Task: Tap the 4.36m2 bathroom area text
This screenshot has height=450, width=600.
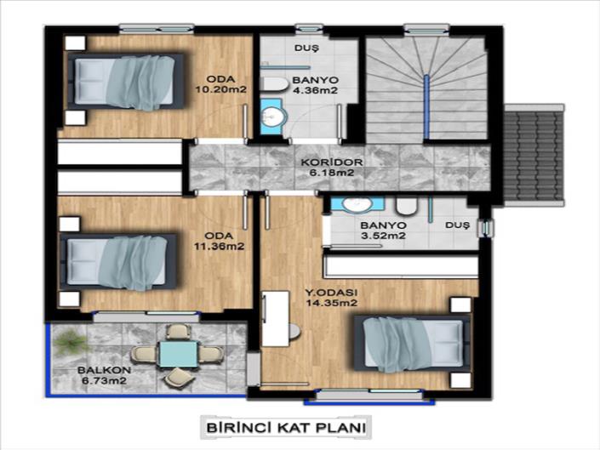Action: click(x=315, y=90)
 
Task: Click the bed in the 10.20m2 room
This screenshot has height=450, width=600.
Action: click(x=128, y=81)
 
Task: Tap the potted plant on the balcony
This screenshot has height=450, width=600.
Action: click(x=67, y=344)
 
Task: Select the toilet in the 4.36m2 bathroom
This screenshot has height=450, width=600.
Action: click(x=275, y=83)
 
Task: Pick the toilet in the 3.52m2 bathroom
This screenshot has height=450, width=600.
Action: click(x=406, y=206)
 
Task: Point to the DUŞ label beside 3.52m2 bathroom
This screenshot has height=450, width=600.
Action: click(x=457, y=225)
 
